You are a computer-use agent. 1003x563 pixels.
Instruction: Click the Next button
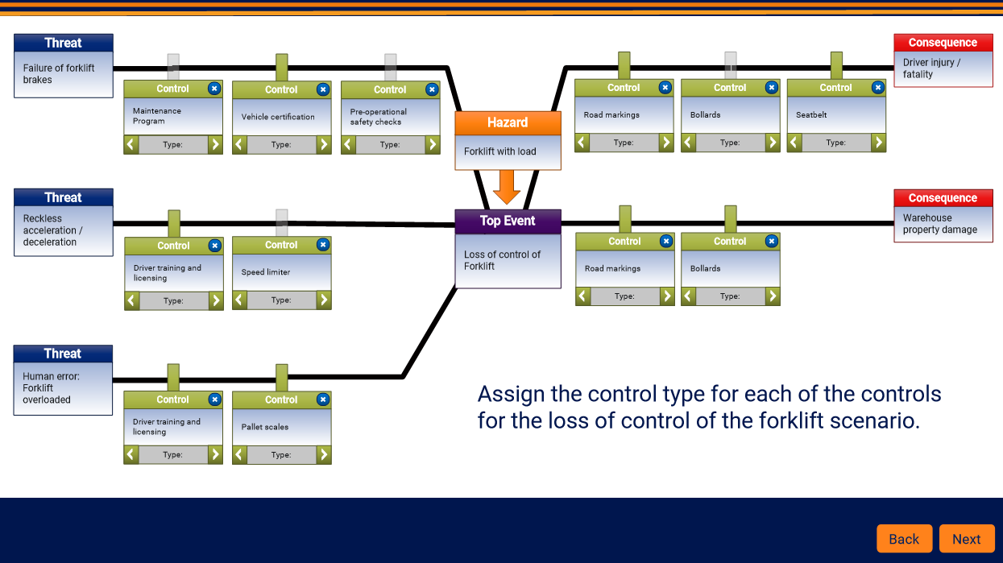point(967,538)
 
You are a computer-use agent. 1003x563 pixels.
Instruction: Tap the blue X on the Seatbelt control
point(877,87)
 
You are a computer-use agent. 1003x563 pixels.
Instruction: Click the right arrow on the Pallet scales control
point(324,455)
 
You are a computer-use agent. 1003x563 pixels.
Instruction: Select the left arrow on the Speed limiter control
point(239,300)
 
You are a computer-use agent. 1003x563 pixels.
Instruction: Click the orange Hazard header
point(508,122)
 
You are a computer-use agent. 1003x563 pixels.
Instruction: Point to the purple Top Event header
point(508,221)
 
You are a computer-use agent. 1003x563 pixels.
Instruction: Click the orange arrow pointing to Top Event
point(507,187)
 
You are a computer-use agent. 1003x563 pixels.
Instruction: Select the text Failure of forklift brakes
point(59,74)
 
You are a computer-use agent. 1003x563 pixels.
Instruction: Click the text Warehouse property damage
point(940,224)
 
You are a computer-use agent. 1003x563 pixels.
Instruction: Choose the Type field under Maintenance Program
point(173,144)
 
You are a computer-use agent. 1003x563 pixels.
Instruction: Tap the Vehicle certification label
point(278,117)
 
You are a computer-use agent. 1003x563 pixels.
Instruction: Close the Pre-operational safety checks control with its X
point(432,89)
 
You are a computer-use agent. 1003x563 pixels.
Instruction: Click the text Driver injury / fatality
point(931,68)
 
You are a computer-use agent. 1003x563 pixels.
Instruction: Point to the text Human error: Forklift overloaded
point(51,388)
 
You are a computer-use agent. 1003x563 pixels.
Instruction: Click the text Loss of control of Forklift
point(502,260)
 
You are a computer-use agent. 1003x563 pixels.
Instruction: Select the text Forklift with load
point(499,151)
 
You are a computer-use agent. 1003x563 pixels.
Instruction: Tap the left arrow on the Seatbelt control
point(794,143)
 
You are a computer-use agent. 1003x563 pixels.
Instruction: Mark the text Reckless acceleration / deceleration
point(53,230)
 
